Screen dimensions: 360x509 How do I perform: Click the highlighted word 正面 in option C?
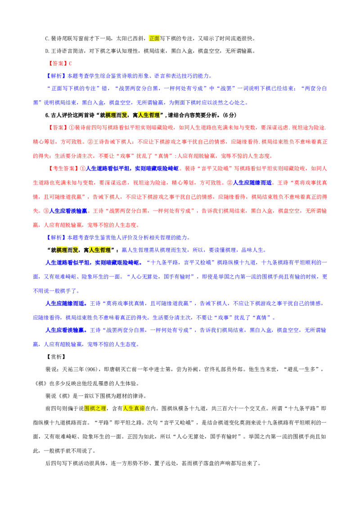154,38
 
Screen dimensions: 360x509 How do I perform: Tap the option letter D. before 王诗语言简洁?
47,51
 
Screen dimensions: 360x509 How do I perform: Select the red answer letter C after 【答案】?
71,64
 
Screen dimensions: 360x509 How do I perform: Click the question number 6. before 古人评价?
47,115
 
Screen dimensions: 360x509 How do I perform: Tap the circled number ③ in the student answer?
46,211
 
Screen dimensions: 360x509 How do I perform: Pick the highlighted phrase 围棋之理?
95,408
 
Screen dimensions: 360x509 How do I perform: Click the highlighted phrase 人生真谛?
134,408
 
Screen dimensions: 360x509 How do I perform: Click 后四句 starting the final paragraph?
53,464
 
